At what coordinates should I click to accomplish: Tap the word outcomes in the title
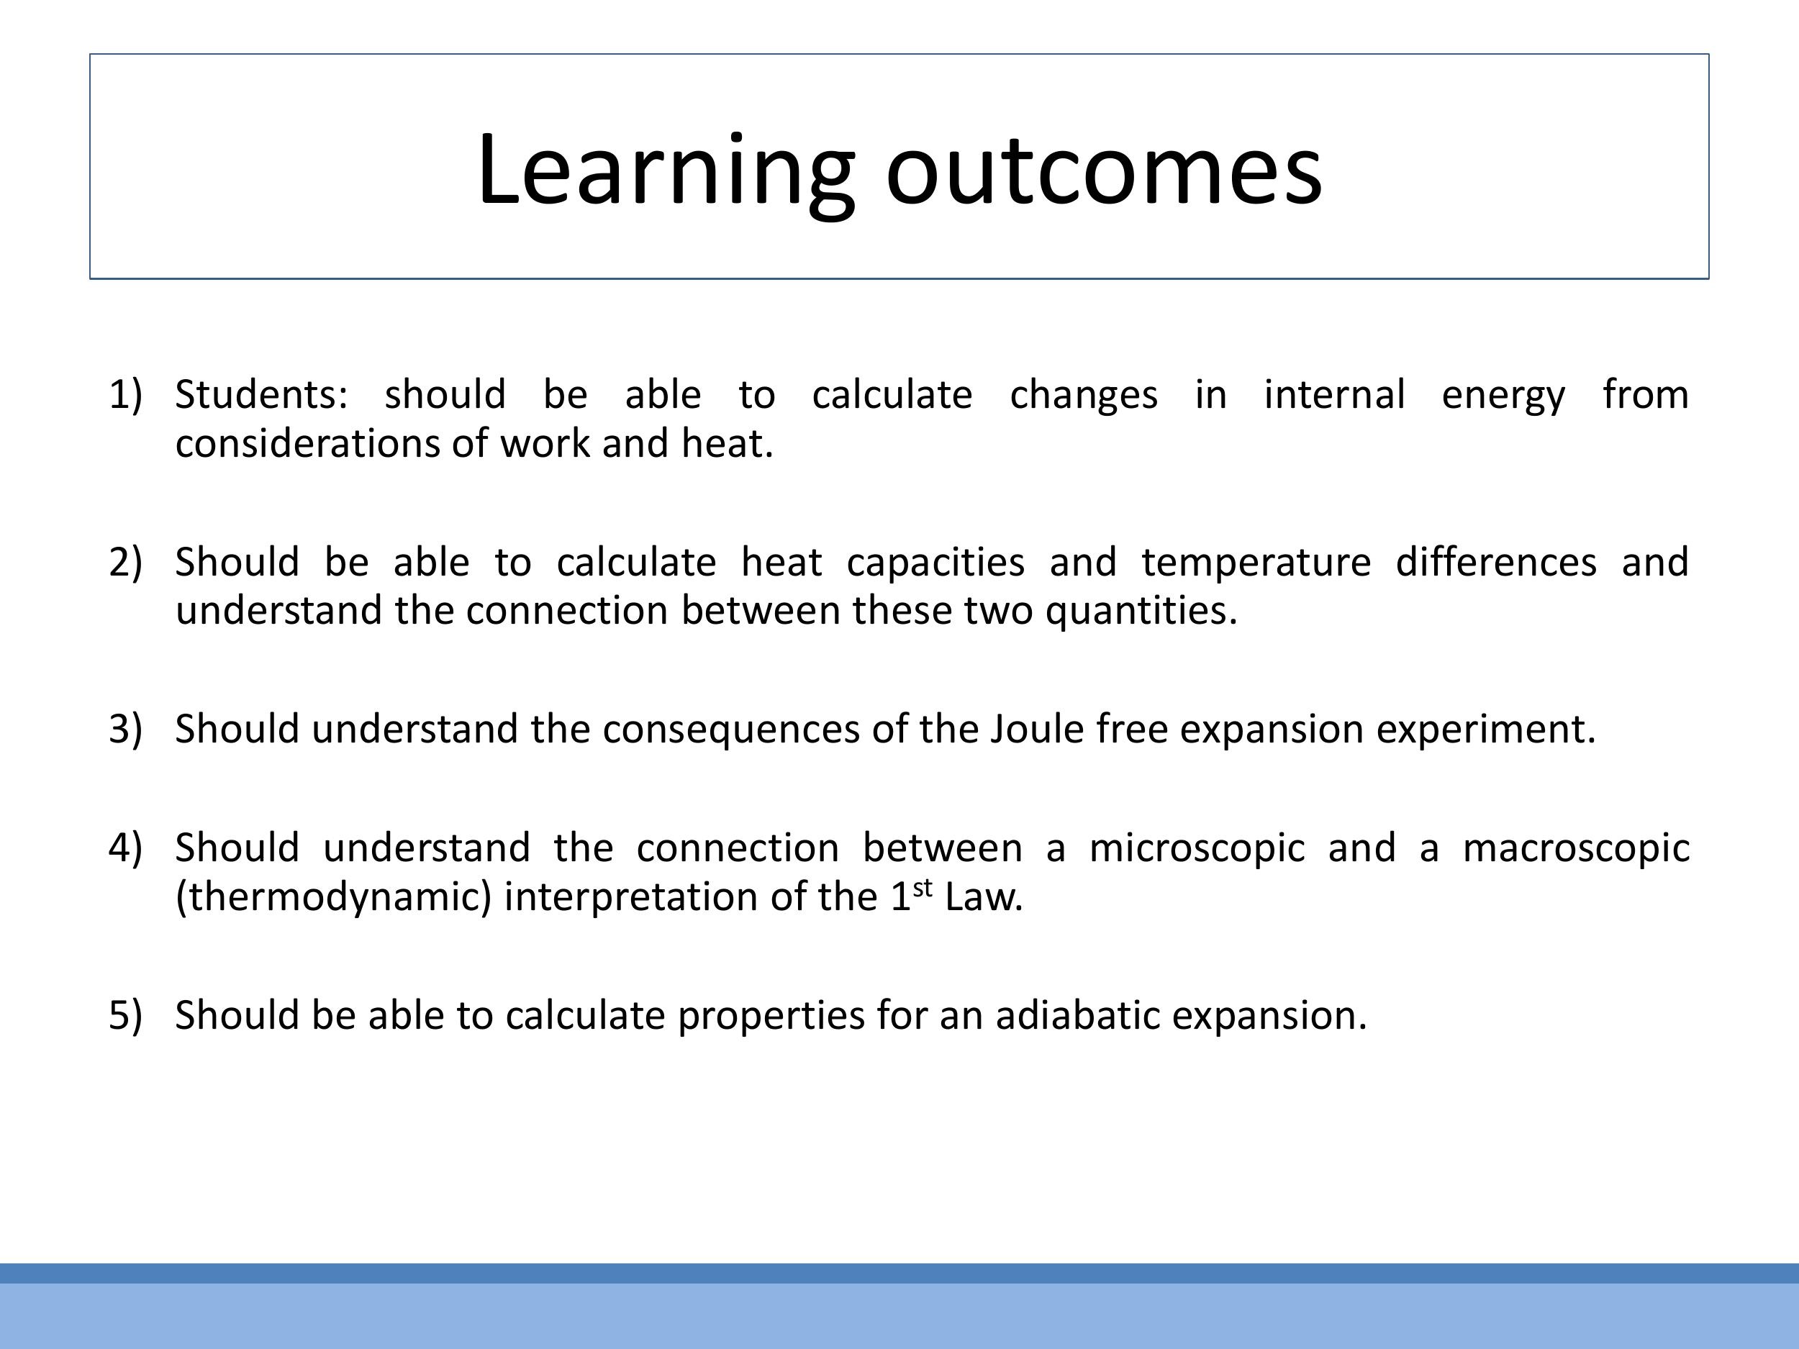[x=1104, y=171]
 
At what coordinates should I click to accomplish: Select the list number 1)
[x=125, y=394]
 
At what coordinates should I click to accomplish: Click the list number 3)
[x=125, y=729]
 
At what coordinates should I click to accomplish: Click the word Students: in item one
[x=261, y=394]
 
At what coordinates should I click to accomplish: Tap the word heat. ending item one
[x=727, y=444]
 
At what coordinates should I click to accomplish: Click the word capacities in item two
[x=935, y=563]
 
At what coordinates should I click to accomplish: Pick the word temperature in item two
[x=1256, y=563]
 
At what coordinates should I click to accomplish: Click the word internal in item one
[x=1334, y=394]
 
